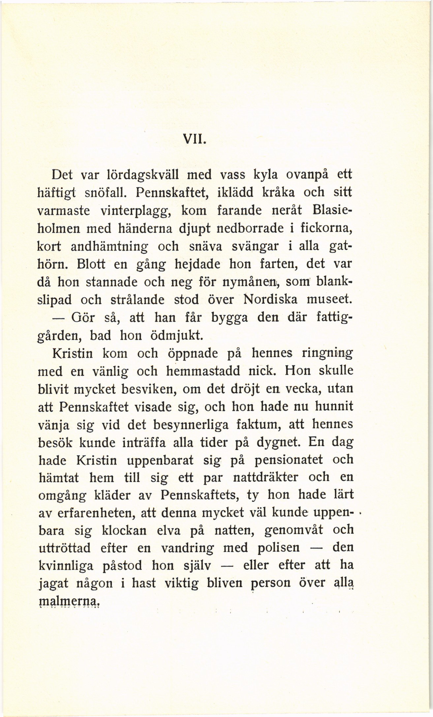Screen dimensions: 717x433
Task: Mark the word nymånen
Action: (x=251, y=282)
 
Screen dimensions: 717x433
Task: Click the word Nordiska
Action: (x=270, y=300)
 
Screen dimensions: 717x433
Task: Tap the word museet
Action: (x=328, y=300)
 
